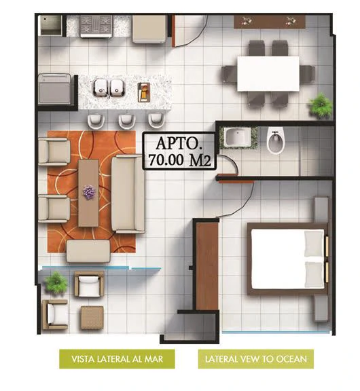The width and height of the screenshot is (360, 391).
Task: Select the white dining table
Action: (x=268, y=73)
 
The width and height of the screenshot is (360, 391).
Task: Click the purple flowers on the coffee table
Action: (x=89, y=192)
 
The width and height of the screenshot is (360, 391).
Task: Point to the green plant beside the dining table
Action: (x=321, y=105)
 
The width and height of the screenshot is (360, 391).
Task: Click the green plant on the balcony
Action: (x=56, y=282)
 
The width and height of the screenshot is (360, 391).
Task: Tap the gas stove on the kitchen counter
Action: (x=96, y=26)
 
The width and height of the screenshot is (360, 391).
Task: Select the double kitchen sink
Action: (x=109, y=88)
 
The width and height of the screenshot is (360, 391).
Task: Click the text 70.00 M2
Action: (x=180, y=160)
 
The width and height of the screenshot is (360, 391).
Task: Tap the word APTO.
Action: (x=179, y=143)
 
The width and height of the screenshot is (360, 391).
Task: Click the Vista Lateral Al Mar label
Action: (x=117, y=359)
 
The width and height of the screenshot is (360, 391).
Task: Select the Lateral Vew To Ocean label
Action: (x=256, y=359)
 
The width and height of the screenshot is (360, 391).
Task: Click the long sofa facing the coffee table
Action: (x=128, y=193)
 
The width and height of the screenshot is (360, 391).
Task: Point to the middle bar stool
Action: (x=126, y=120)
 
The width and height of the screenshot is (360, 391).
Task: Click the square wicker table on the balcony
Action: (x=92, y=318)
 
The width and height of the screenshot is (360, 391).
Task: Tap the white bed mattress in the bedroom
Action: (x=287, y=259)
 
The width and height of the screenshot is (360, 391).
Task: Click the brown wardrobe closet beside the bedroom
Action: (x=207, y=265)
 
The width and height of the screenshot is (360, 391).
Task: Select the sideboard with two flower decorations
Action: (x=270, y=22)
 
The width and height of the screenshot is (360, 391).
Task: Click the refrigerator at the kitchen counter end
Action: (x=149, y=29)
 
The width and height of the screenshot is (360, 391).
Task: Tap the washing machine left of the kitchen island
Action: (x=54, y=89)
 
